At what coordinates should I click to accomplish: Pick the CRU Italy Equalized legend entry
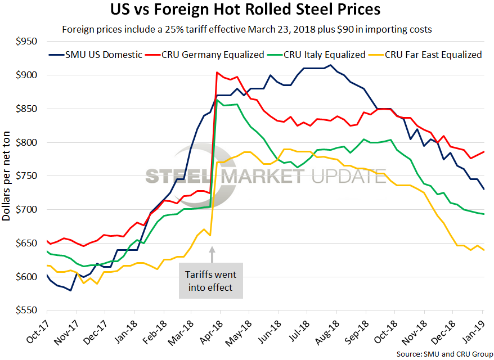click(x=317, y=55)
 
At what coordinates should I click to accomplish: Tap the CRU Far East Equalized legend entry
click(x=433, y=55)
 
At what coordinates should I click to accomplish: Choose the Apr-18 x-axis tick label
click(x=211, y=332)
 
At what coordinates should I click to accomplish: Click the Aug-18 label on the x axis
click(x=327, y=332)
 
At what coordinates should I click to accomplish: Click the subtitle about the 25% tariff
click(x=251, y=29)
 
